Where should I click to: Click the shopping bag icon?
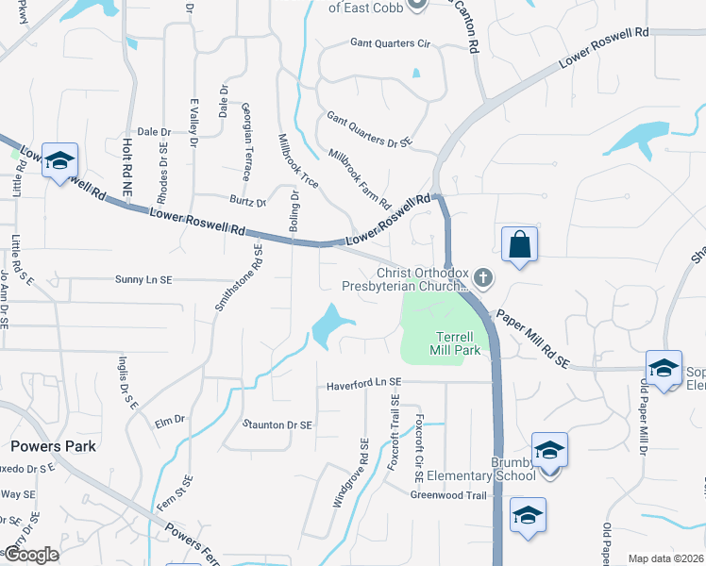[x=519, y=245]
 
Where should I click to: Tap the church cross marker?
[x=483, y=277]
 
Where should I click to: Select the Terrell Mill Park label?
[x=459, y=343]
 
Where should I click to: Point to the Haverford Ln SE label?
[x=364, y=385]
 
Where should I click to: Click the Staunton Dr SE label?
[x=277, y=425]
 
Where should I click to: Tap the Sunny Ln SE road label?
[x=143, y=280]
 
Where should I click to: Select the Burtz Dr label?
[x=248, y=201]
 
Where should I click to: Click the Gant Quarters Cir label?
[x=390, y=43]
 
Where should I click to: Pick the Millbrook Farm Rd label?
[x=360, y=178]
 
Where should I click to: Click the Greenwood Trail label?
[x=448, y=495]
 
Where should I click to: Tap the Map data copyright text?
[x=665, y=558]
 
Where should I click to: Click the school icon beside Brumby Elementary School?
[x=549, y=451]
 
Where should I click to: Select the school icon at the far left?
[x=60, y=161]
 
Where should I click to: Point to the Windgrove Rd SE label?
[x=348, y=474]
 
